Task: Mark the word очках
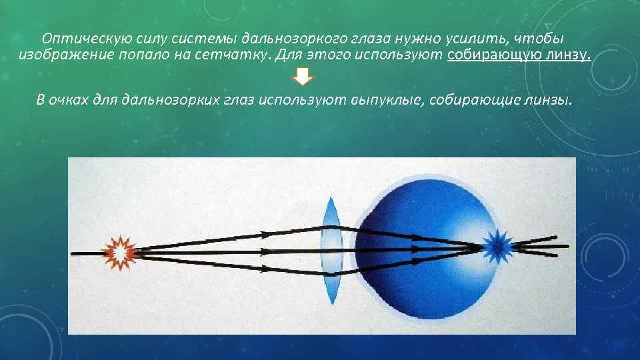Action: (x=71, y=100)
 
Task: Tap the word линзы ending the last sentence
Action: (x=551, y=100)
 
